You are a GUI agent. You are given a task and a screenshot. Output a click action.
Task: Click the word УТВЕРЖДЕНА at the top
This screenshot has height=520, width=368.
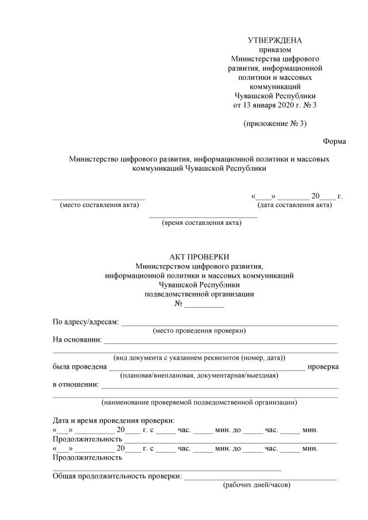tap(274, 40)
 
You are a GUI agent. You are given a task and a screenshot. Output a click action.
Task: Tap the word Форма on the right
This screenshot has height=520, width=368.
tap(334, 141)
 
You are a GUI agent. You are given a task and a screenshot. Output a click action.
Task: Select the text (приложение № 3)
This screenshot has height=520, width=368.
tap(274, 123)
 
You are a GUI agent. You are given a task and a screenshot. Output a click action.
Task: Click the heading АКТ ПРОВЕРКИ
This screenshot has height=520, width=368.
tap(199, 257)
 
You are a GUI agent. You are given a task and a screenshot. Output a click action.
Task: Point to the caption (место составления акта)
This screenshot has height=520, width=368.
tap(99, 205)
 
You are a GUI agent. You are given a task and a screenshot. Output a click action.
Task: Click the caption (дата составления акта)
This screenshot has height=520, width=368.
tap(294, 205)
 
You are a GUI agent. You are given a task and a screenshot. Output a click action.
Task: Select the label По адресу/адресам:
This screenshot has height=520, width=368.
tap(86, 322)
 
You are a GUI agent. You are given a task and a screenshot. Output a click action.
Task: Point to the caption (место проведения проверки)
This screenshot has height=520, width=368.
tap(199, 330)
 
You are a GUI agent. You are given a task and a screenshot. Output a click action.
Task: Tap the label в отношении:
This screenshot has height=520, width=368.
tap(75, 384)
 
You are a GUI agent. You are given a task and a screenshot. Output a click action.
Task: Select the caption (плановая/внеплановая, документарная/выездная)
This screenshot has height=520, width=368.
tap(199, 376)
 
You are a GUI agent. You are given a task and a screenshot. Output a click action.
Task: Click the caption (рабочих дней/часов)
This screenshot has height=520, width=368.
tap(256, 485)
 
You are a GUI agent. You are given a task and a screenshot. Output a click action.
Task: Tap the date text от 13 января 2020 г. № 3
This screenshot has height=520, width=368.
tap(274, 105)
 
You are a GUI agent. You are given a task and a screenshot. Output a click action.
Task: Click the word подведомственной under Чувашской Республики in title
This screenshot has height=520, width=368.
tap(199, 294)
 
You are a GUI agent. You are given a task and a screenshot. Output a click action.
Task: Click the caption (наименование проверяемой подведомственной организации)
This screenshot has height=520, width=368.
tap(199, 402)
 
